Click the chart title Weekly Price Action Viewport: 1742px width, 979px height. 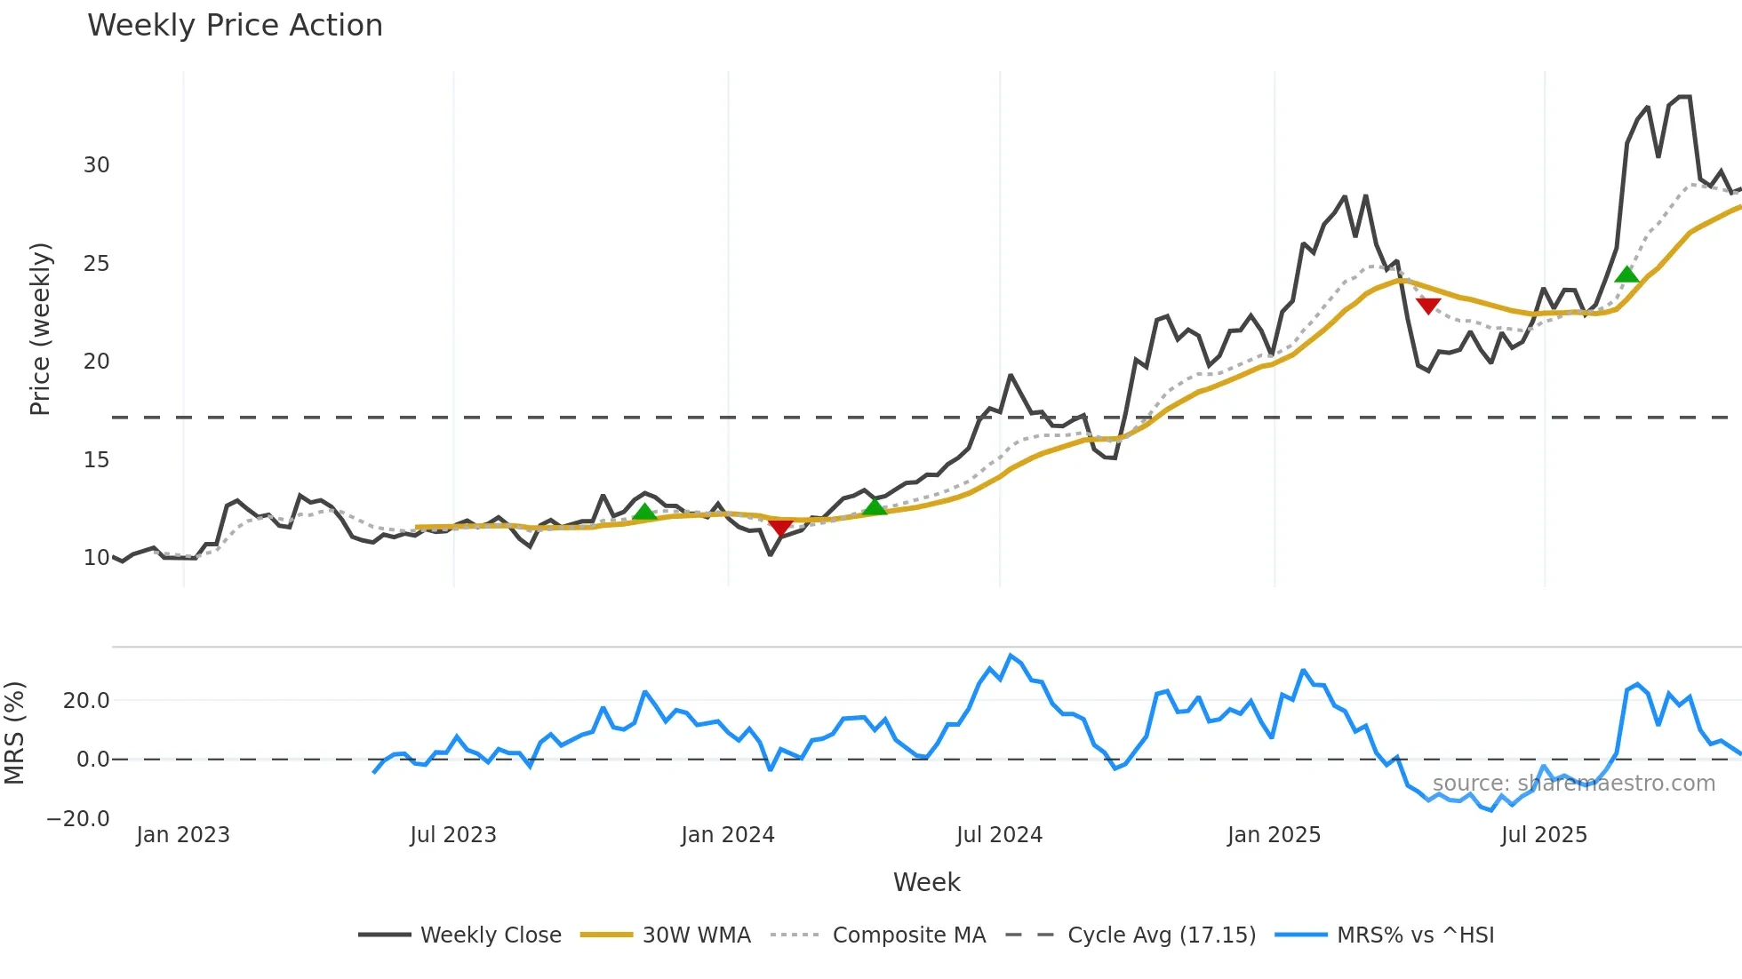click(235, 26)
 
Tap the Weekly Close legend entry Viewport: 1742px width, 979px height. click(490, 935)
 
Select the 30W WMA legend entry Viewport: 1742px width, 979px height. click(696, 935)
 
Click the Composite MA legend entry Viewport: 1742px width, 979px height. click(908, 935)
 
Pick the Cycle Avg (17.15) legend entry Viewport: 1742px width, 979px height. click(1161, 935)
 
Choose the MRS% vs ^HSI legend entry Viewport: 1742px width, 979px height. click(1415, 935)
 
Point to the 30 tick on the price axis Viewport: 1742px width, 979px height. click(97, 165)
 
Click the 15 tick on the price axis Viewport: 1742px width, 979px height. click(97, 460)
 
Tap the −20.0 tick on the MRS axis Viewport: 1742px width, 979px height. click(78, 818)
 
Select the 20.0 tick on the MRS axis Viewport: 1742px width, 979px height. click(86, 701)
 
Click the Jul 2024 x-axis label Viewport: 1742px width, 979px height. click(999, 835)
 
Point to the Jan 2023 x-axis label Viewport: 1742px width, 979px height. click(183, 835)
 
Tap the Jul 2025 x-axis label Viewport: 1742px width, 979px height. click(1544, 835)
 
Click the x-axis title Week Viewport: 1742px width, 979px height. click(926, 882)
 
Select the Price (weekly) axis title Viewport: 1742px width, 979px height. click(40, 329)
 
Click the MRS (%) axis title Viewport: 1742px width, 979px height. click(14, 733)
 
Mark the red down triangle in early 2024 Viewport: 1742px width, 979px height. click(780, 528)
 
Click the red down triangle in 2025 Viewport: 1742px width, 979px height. click(1428, 306)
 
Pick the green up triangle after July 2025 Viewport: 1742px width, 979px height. click(1626, 275)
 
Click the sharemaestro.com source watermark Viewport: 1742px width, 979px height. click(1573, 784)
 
